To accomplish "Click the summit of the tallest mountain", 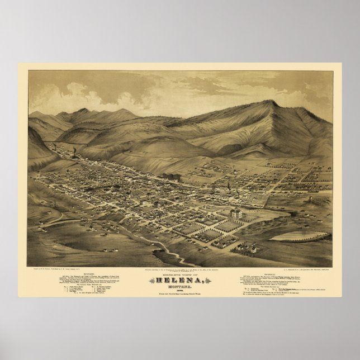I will click(272, 102).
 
